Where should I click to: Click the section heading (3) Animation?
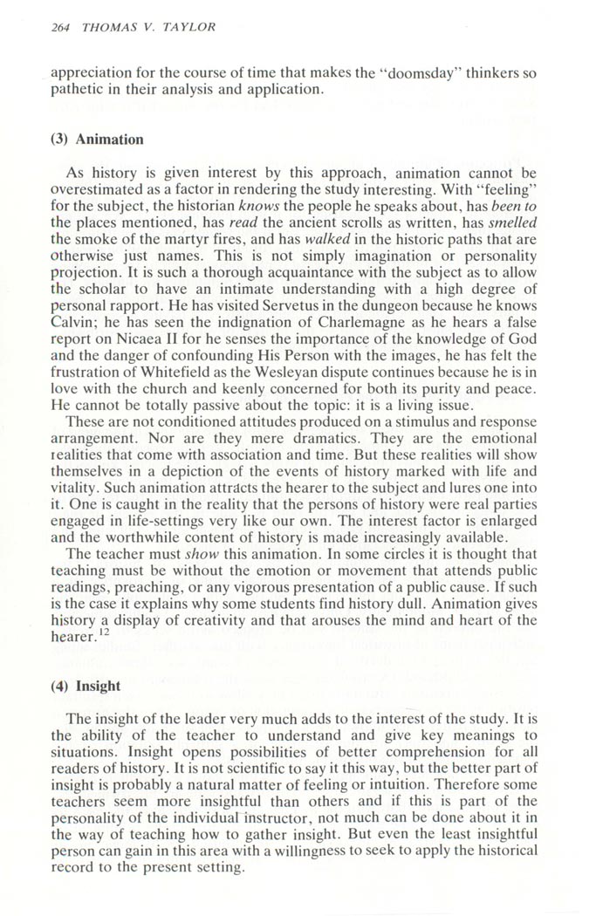coord(98,140)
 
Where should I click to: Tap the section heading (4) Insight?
coord(86,686)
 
